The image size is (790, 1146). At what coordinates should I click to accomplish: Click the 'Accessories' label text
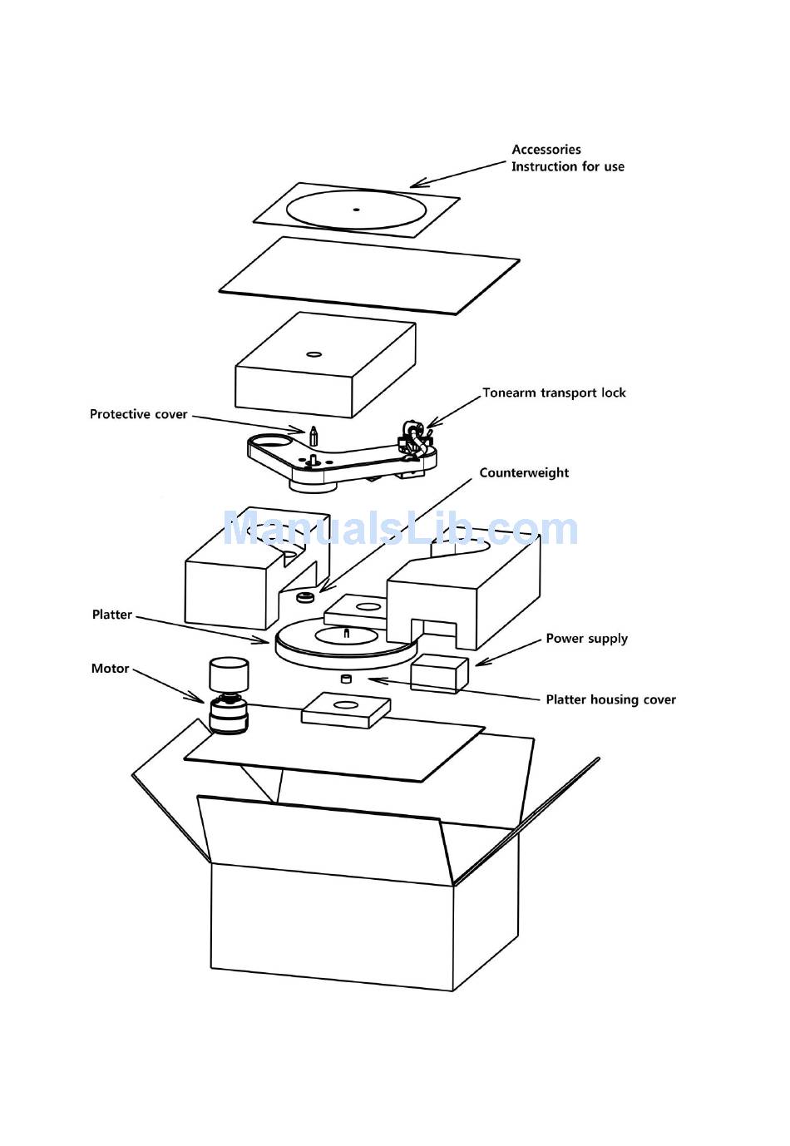click(x=546, y=150)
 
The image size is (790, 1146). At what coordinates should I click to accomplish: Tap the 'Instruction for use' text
click(x=567, y=166)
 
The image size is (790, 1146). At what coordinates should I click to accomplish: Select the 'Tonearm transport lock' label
click(x=554, y=393)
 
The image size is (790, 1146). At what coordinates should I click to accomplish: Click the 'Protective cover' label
click(x=139, y=414)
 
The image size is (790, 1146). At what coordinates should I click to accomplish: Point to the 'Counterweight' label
click(x=524, y=472)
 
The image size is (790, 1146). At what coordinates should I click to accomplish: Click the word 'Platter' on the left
click(x=112, y=615)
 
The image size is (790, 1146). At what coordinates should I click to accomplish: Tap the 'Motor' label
click(x=111, y=669)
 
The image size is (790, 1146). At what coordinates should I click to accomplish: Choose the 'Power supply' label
click(x=586, y=639)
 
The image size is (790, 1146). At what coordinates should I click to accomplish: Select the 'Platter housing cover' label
click(x=610, y=699)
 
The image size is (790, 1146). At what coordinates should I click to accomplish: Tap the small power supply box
click(x=439, y=673)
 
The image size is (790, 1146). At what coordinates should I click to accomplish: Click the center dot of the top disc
click(x=356, y=210)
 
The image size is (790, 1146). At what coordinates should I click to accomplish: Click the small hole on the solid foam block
click(x=314, y=354)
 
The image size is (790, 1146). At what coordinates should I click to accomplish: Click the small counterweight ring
click(x=304, y=597)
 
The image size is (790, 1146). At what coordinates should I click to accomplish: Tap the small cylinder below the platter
click(x=347, y=679)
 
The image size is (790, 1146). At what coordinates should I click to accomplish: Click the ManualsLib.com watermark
click(x=400, y=530)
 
